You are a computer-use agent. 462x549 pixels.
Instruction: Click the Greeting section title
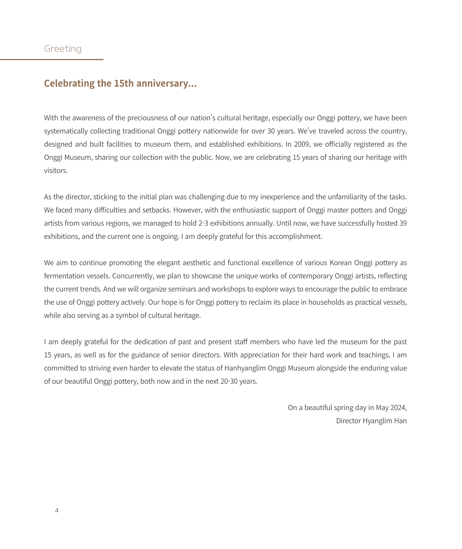point(63,49)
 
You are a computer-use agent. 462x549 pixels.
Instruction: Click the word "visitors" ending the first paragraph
point(56,171)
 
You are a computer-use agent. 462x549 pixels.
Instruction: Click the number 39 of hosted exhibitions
point(403,223)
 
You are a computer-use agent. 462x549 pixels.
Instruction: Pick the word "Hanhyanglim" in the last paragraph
point(245,368)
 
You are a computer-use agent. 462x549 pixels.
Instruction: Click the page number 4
point(57,510)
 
